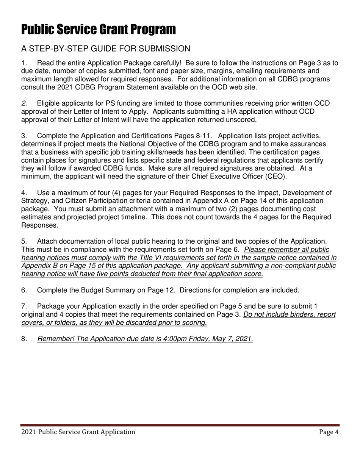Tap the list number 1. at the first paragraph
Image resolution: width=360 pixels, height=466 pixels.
[x=24, y=63]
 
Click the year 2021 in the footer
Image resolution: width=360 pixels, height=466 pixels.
[x=29, y=432]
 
